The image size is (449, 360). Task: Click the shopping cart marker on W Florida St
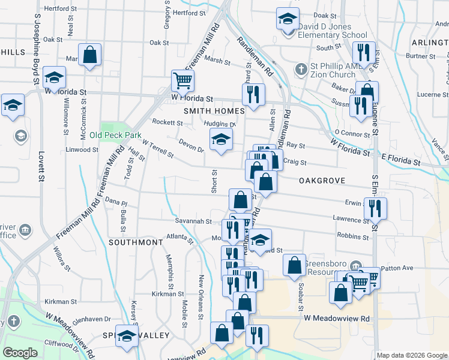click(182, 80)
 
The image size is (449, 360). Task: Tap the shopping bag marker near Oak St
click(89, 55)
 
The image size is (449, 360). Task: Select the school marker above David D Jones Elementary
click(288, 19)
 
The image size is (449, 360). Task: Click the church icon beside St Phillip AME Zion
click(302, 70)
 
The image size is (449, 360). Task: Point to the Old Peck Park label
click(115, 135)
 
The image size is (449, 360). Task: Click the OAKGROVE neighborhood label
click(315, 179)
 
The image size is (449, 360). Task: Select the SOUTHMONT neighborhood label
click(136, 242)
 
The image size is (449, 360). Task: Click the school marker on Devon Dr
click(221, 141)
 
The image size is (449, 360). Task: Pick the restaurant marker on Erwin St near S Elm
click(375, 209)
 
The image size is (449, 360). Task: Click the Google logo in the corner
click(20, 353)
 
